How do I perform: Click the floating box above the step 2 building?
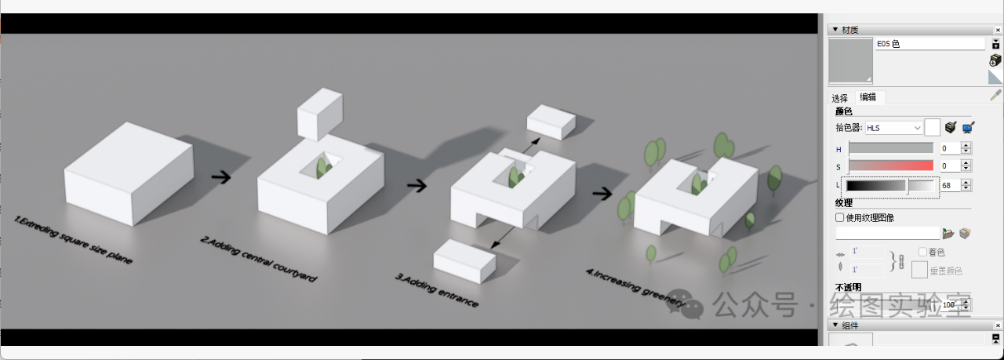pos(319,115)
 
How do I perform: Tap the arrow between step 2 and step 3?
pos(417,186)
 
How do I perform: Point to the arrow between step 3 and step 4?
pos(602,193)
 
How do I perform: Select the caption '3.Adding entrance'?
pos(437,289)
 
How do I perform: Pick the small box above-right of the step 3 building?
pos(551,122)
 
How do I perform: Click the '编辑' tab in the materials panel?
pos(868,97)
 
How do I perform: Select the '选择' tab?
pos(839,98)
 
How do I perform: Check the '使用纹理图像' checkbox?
pos(840,217)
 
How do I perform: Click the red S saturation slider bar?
pos(891,166)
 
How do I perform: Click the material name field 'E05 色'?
pos(929,44)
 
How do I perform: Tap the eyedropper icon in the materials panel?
pos(995,96)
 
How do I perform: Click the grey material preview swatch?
pos(851,60)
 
